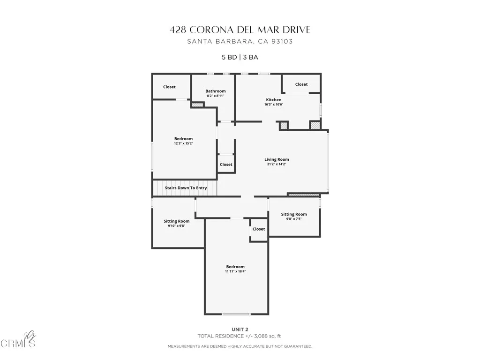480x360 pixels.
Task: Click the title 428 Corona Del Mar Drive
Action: (240, 30)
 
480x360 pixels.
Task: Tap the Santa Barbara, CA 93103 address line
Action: (240, 41)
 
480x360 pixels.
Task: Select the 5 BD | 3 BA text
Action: (240, 58)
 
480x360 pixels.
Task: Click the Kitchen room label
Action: (274, 100)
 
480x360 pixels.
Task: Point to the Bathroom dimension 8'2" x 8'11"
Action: (216, 96)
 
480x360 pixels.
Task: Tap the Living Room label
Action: (277, 159)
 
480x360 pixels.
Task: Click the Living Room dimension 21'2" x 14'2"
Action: (277, 165)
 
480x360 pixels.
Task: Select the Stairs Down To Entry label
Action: (186, 188)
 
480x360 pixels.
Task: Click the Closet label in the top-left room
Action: (169, 87)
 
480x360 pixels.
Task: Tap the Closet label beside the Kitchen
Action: (301, 84)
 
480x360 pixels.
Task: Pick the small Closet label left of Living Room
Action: (226, 165)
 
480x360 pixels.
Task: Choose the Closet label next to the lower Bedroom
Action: (259, 229)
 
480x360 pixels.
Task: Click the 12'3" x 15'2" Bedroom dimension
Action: (183, 143)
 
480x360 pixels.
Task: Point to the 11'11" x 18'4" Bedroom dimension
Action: (235, 271)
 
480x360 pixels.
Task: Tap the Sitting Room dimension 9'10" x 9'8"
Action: (177, 226)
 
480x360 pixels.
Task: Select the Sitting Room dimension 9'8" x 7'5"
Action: (294, 219)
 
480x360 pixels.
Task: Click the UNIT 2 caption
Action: (240, 329)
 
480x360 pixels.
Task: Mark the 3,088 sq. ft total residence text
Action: (240, 336)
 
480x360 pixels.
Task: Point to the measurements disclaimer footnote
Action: (240, 346)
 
